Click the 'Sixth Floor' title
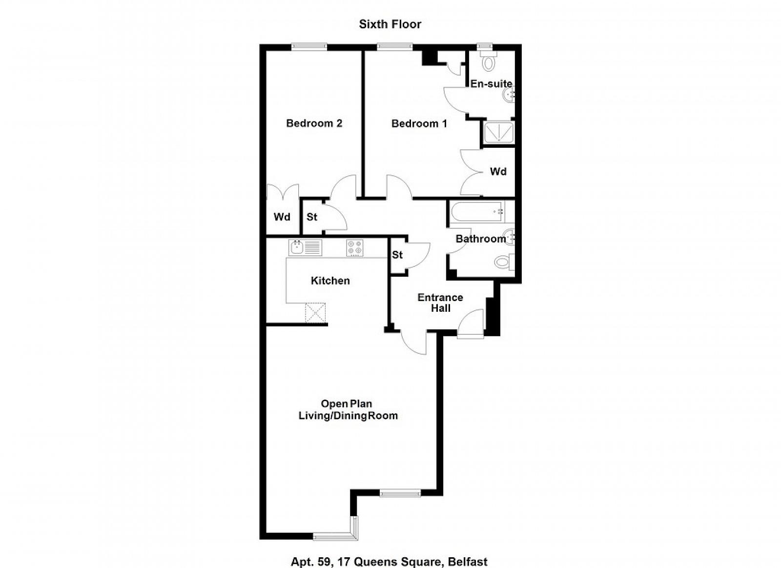point(390,24)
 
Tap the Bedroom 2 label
point(314,123)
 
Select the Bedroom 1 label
point(419,123)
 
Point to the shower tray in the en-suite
point(499,132)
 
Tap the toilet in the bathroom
point(505,262)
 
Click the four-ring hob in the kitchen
point(355,248)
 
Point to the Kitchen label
point(330,281)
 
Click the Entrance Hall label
point(440,303)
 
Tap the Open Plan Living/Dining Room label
point(348,409)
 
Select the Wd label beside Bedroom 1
point(498,171)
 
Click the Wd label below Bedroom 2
point(282,217)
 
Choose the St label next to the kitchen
point(397,255)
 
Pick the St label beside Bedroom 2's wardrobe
point(312,217)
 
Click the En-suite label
point(491,83)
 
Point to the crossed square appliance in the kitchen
point(315,313)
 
